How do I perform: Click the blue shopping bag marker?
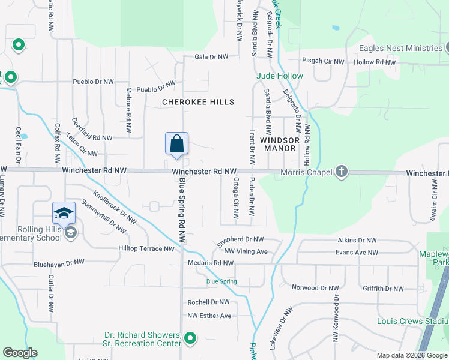(x=176, y=144)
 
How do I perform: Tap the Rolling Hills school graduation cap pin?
(x=64, y=212)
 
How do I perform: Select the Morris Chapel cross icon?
(x=341, y=172)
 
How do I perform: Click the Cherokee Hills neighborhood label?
(x=198, y=102)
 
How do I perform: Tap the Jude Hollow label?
(x=280, y=76)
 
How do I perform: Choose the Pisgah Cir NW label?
(x=323, y=62)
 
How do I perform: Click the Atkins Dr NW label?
(x=357, y=240)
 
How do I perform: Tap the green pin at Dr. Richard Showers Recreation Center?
(x=190, y=339)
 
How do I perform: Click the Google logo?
(x=20, y=353)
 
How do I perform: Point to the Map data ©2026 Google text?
(x=412, y=355)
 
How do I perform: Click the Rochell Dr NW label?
(x=208, y=302)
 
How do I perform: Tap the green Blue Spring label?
(x=221, y=281)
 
